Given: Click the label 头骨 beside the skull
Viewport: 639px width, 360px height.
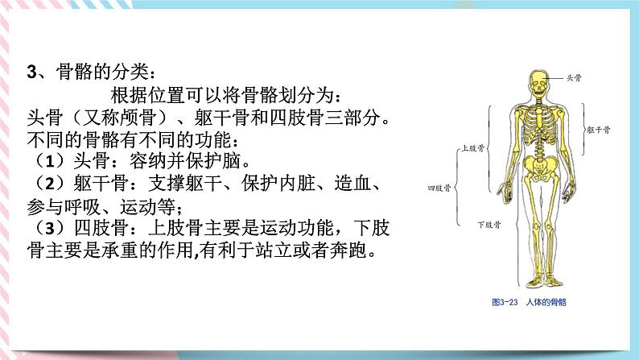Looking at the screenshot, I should [x=574, y=77].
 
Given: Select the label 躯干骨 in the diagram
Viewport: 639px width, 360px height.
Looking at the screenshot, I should [x=600, y=128].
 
